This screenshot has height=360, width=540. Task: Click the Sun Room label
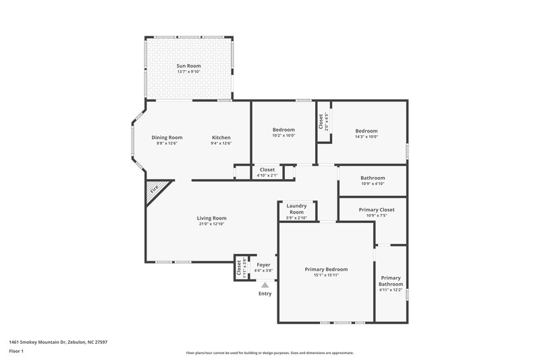point(188,66)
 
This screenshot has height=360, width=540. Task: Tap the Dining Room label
point(166,137)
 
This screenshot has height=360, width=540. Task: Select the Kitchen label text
point(221,137)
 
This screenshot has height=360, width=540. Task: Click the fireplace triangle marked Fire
point(155,190)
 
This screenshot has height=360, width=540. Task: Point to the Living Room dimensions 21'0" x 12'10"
point(211,224)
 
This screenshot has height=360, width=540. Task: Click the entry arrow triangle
point(265,286)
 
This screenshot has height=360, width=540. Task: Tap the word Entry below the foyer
point(265,294)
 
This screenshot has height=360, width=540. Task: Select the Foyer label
point(263,265)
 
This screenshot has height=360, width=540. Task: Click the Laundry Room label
point(297,209)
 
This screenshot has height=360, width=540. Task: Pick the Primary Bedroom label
point(326,269)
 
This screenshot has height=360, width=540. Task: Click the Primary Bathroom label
point(391,281)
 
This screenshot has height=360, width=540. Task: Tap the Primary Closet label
point(376,209)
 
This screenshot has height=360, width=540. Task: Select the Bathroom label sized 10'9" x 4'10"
point(372,178)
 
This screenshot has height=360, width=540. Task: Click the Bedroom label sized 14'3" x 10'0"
point(367,130)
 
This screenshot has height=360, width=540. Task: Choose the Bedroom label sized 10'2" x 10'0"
point(283,130)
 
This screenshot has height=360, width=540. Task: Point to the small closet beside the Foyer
point(239,267)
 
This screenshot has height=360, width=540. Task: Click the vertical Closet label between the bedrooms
point(321,122)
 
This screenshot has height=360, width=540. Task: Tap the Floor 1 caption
point(16,351)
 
